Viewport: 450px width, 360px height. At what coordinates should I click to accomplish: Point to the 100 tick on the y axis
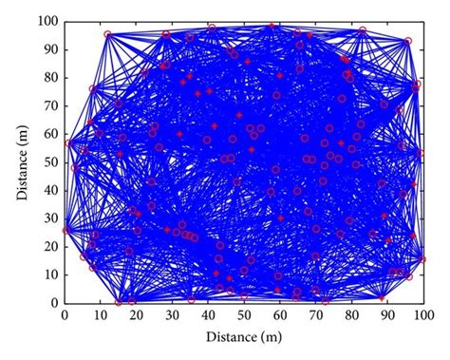point(48,20)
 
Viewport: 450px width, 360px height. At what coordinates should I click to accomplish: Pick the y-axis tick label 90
point(51,48)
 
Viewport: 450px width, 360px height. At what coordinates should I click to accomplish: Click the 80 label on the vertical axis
point(51,77)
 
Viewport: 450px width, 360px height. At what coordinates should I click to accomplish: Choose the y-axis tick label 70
point(51,104)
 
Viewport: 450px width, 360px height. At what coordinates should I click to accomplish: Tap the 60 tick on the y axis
point(51,133)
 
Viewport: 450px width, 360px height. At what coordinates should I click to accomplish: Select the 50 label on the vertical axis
point(51,161)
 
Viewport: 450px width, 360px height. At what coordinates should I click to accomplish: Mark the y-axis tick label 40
point(51,190)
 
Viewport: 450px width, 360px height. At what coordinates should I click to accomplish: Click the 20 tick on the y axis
point(51,246)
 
